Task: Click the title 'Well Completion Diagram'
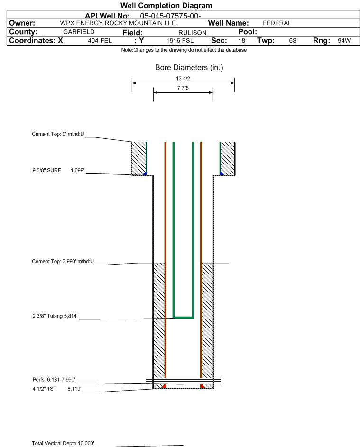[166, 6]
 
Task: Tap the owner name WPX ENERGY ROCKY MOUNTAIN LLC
[118, 23]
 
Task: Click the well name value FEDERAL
[277, 23]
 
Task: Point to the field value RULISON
[192, 33]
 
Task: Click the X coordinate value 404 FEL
[100, 41]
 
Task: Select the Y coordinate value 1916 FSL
[180, 41]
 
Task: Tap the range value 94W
[344, 41]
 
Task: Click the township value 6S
[293, 41]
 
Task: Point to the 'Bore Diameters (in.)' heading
[189, 68]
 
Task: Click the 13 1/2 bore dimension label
[183, 79]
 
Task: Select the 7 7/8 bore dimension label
[183, 88]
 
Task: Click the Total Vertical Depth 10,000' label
[63, 443]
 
